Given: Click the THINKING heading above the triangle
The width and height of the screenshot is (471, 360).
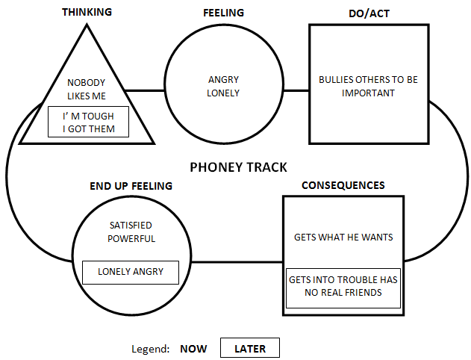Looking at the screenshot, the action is (x=87, y=12).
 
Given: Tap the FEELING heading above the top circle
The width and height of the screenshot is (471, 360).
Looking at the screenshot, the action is (x=223, y=13).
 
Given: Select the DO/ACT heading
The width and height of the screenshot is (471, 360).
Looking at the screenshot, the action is (x=369, y=13).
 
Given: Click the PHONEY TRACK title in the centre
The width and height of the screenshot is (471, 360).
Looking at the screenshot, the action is (x=239, y=167).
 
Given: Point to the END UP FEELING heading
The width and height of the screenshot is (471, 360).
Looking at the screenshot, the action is (x=131, y=186).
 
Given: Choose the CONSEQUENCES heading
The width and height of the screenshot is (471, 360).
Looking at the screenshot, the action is (x=343, y=185).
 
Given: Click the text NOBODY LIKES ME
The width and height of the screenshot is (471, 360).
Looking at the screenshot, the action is (x=87, y=89).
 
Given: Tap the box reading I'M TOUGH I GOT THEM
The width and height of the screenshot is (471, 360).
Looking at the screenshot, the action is (x=88, y=122).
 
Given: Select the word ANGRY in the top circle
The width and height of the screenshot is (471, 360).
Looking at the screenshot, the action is (x=223, y=80).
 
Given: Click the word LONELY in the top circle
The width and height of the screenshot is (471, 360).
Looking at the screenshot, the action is (x=223, y=93).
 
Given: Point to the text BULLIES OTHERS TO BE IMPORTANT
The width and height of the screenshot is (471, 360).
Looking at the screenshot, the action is (x=368, y=86).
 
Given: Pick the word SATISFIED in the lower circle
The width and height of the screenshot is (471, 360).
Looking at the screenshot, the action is (x=131, y=225).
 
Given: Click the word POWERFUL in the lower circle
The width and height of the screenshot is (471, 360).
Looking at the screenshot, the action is (x=131, y=238).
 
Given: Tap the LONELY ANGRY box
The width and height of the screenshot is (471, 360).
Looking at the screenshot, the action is (x=131, y=273).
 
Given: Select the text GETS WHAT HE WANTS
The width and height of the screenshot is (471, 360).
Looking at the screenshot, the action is (x=343, y=237).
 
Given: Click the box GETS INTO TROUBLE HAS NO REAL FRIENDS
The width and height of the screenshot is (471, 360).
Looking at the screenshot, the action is (x=343, y=288).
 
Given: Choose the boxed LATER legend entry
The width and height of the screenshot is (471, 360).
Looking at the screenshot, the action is (x=250, y=348).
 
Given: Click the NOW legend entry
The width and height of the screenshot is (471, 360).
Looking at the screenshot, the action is (x=193, y=349).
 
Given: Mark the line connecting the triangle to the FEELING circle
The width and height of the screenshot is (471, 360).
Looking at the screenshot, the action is (x=145, y=90).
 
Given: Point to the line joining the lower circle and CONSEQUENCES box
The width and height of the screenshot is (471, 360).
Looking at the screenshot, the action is (x=237, y=262).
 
